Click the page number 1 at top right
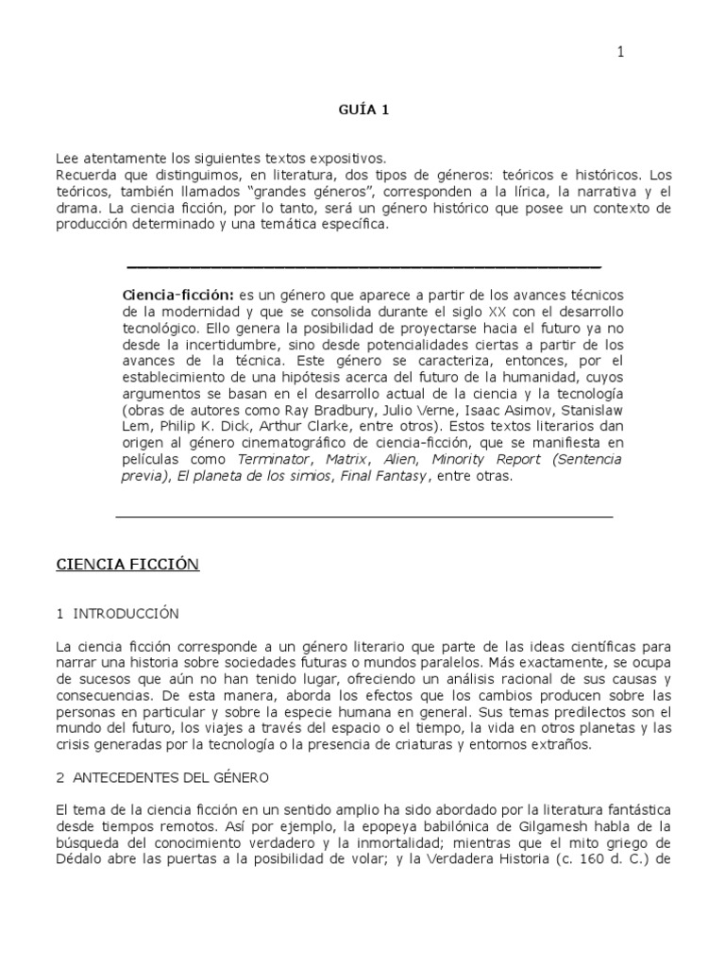click(x=620, y=53)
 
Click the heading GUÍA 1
click(x=363, y=110)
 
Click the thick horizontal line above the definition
click(x=363, y=267)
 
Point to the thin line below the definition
click(x=363, y=517)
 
